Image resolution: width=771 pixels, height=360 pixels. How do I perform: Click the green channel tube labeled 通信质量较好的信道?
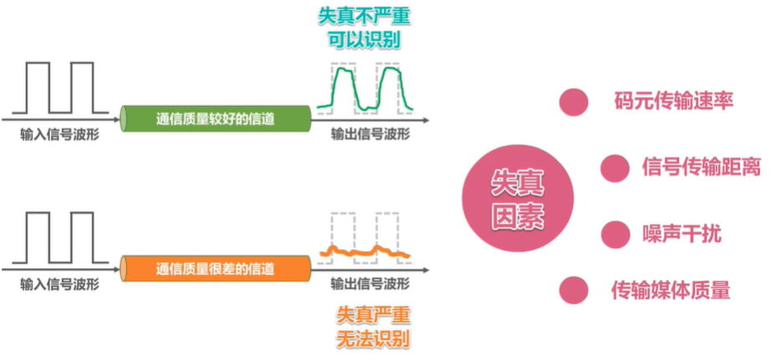pos(215,117)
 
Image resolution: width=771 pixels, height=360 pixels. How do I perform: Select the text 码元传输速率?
pos(667,102)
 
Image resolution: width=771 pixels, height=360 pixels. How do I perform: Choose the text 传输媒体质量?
pos(671,290)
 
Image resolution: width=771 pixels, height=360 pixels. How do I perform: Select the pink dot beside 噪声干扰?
pos(614,232)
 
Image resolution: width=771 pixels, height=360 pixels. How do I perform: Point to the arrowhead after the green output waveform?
pos(429,110)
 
